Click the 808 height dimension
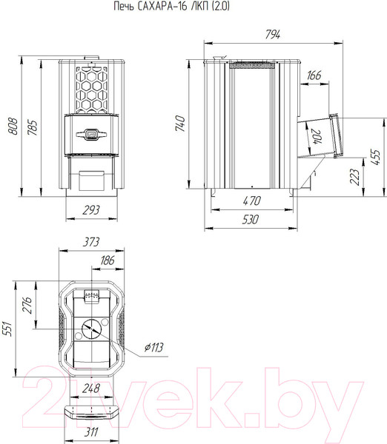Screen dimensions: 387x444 click(x=13, y=126)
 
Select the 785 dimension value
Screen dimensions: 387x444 click(x=33, y=127)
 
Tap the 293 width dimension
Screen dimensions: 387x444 click(x=91, y=210)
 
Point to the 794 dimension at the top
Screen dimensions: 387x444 click(x=273, y=34)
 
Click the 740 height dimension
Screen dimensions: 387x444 click(x=180, y=123)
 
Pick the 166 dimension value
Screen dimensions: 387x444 click(x=314, y=75)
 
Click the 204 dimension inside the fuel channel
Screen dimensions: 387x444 click(x=317, y=137)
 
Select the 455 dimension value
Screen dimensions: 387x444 click(x=375, y=157)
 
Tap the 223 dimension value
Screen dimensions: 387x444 click(x=354, y=177)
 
